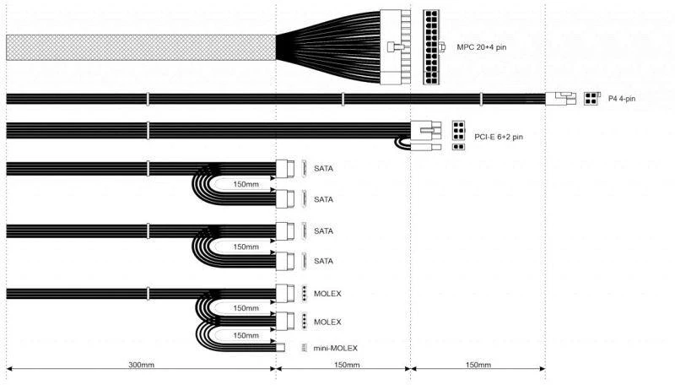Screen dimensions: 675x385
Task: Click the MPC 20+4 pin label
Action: click(481, 47)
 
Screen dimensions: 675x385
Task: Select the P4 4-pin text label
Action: click(622, 99)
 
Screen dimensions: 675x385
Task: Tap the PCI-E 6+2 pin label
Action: click(499, 137)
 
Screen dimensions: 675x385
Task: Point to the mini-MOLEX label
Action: click(335, 348)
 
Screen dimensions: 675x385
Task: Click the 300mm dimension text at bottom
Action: click(141, 365)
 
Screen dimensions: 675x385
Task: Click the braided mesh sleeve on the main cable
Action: click(141, 47)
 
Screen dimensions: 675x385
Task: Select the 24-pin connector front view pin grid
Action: click(431, 47)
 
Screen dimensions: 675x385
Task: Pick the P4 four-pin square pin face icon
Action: click(592, 99)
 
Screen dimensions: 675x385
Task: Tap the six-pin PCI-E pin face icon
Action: click(458, 131)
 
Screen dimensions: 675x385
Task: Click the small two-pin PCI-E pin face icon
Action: click(458, 147)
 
